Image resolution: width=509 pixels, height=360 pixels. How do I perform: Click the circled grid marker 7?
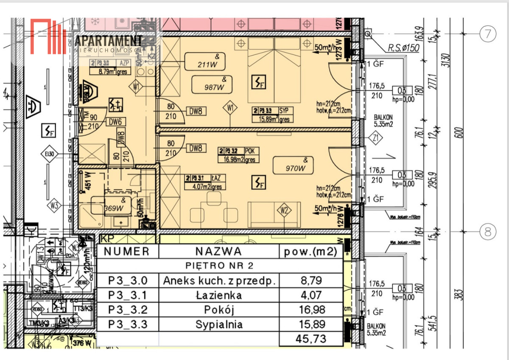[x=487, y=34]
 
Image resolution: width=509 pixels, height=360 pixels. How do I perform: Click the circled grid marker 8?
[x=487, y=232]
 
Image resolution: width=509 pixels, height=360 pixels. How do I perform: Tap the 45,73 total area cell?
[x=310, y=339]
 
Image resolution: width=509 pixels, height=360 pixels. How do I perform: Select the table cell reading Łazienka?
[x=219, y=295]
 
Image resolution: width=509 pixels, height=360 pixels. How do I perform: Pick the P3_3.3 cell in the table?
[x=128, y=325]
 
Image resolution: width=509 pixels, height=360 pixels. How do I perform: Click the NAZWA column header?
[x=219, y=251]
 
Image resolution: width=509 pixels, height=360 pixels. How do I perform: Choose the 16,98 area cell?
[x=310, y=309]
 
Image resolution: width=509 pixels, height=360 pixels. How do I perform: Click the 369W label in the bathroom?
[x=114, y=205]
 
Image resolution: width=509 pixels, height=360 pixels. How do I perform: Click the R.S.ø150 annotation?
[x=403, y=48]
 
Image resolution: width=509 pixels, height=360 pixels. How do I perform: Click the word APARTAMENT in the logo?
[x=108, y=41]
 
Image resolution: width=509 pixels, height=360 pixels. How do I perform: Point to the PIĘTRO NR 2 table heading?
[x=219, y=266]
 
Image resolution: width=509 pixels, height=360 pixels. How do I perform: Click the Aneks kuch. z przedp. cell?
[x=219, y=280]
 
